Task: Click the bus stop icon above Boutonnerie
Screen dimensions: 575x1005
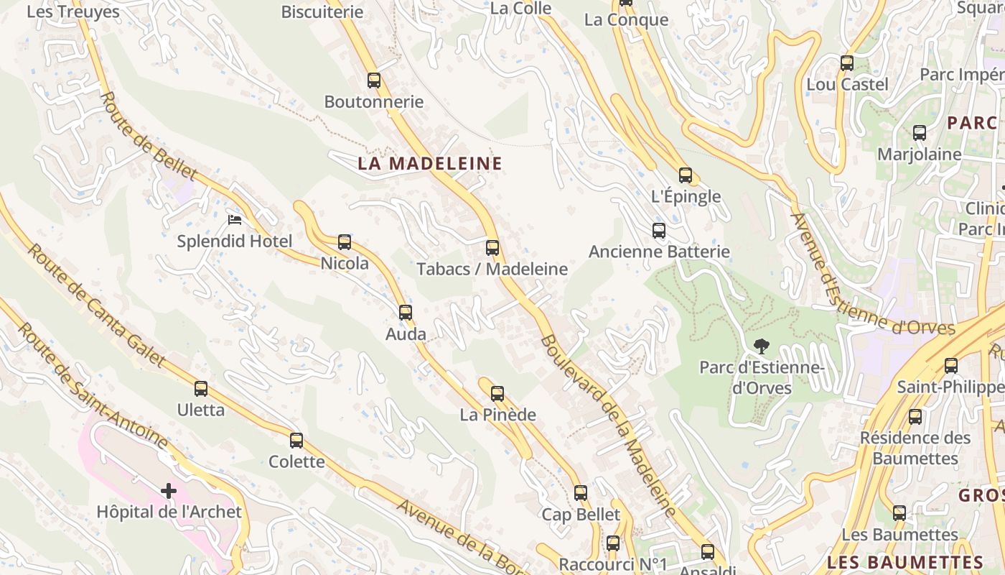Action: click(x=373, y=80)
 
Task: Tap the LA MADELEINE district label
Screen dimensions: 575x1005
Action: click(x=430, y=163)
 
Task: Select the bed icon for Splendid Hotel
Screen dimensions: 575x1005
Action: click(x=234, y=219)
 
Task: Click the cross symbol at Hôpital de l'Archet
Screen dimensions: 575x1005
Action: click(x=169, y=491)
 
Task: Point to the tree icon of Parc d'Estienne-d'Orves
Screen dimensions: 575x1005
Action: click(x=761, y=346)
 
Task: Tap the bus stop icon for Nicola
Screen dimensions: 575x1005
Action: click(x=345, y=241)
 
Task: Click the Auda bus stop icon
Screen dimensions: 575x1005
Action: click(x=406, y=312)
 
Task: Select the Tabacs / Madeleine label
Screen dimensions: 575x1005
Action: click(x=492, y=270)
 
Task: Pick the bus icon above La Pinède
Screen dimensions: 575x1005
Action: click(x=497, y=393)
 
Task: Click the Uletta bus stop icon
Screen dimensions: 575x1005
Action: click(x=201, y=389)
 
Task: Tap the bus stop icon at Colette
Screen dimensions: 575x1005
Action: click(x=296, y=440)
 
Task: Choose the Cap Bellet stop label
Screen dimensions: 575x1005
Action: click(x=581, y=515)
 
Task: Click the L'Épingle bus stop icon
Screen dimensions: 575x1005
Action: click(x=686, y=175)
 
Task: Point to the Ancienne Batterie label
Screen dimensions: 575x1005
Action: click(x=659, y=252)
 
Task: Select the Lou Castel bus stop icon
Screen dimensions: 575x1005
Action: click(x=847, y=63)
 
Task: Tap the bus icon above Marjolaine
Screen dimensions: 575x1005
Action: click(x=920, y=133)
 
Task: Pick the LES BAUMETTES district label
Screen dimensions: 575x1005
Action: click(x=904, y=562)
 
